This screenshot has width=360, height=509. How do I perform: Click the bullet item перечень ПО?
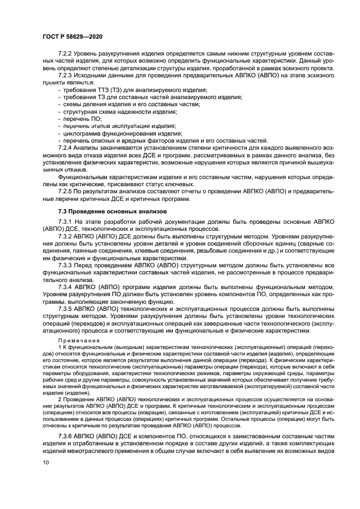point(82,118)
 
